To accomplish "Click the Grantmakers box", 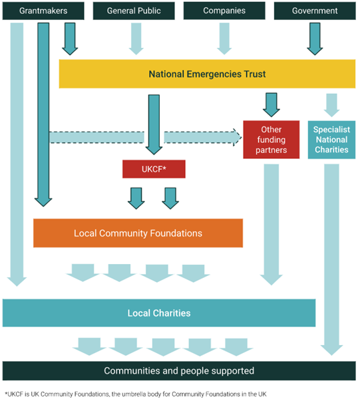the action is point(43,11).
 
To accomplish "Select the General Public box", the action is point(134,11).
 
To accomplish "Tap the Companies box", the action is point(224,11).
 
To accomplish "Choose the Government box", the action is point(315,11).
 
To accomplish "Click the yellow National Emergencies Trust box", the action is point(207,74).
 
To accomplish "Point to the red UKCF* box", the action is point(154,169).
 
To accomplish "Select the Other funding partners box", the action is point(271,140).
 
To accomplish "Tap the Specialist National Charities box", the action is point(331,140).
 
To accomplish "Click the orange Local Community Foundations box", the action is point(138,233).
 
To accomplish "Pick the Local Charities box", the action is point(159,313).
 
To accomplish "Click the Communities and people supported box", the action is point(179,370).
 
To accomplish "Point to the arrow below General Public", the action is point(136,39).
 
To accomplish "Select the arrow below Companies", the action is point(224,39).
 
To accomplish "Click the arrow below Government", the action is point(315,39).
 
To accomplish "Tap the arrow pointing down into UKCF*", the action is point(154,124).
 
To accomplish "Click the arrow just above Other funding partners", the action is point(271,105).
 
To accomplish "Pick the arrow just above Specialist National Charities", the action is point(331,105).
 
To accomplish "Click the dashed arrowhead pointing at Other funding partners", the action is point(237,138).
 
